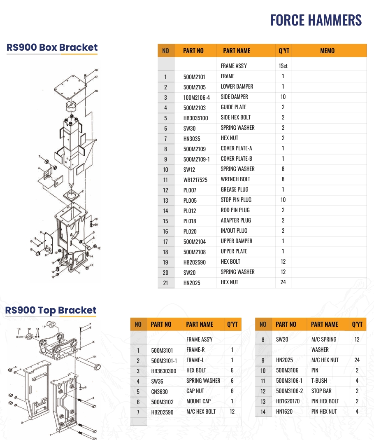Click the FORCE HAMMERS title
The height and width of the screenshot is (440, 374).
click(316, 20)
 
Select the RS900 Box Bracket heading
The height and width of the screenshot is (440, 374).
click(52, 47)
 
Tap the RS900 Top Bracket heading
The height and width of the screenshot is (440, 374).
click(51, 310)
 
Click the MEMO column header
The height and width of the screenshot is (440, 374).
click(327, 51)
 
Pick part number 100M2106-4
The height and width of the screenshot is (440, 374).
click(196, 98)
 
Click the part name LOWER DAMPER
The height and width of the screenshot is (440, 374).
click(237, 87)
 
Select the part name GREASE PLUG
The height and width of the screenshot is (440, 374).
click(234, 190)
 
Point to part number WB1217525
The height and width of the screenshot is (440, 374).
click(196, 180)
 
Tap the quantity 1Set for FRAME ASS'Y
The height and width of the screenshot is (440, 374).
click(283, 66)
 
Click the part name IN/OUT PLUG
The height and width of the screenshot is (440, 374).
click(234, 231)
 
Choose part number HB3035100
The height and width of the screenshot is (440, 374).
click(195, 118)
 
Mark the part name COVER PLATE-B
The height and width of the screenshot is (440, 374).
click(236, 159)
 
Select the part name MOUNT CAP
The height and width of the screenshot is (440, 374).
click(198, 401)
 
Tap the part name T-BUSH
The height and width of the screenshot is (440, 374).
click(319, 380)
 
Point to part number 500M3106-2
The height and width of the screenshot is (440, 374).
click(289, 391)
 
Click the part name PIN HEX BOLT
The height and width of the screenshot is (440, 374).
click(325, 401)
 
